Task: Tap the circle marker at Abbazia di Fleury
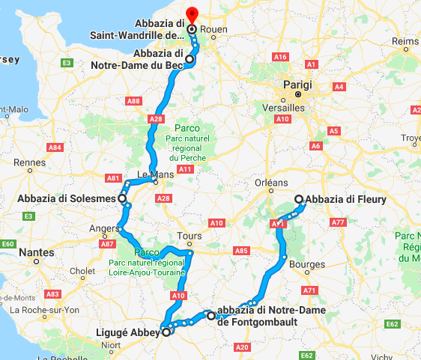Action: tap(299, 199)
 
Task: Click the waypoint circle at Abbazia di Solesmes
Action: tap(121, 198)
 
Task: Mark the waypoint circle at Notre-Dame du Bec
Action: tap(190, 59)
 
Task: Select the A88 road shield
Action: tap(133, 101)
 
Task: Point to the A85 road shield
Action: tap(240, 251)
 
